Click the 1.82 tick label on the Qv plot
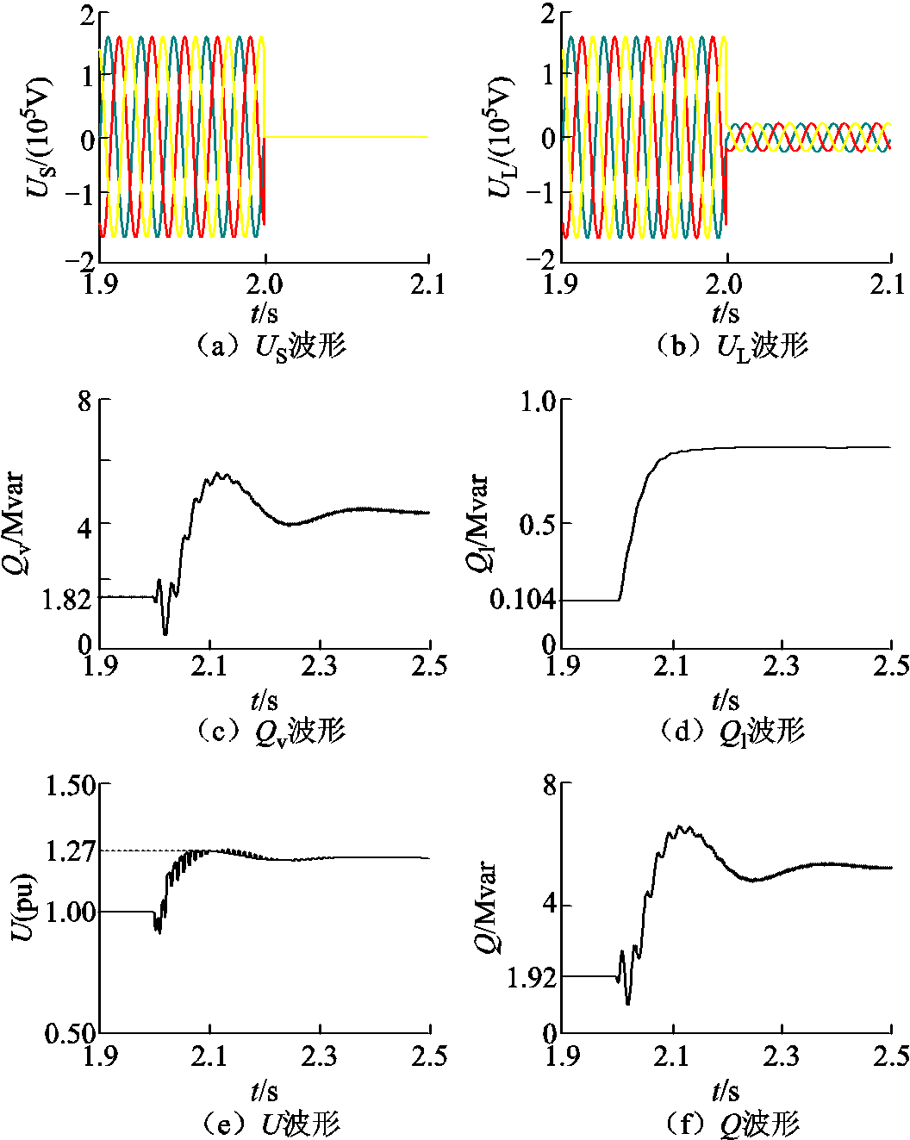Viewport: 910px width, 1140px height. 65,599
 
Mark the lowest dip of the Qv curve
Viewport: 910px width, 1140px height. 165,634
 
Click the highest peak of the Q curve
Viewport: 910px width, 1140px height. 680,826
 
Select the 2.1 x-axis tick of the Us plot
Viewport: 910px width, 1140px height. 427,283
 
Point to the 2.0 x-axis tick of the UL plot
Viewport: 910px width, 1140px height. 726,283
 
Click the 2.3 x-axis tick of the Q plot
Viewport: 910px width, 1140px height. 781,1056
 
